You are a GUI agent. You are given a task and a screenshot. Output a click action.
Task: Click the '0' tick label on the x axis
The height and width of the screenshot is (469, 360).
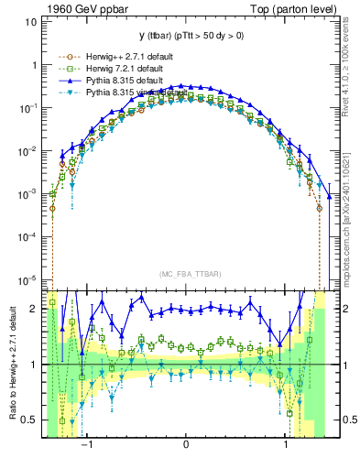click(x=186, y=444)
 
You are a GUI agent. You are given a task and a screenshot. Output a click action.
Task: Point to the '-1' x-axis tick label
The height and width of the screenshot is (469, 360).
click(x=88, y=444)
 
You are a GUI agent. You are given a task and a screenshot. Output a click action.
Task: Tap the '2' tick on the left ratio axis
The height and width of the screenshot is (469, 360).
click(x=34, y=309)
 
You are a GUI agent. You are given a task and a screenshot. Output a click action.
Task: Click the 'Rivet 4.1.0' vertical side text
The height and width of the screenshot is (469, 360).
click(x=351, y=78)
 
